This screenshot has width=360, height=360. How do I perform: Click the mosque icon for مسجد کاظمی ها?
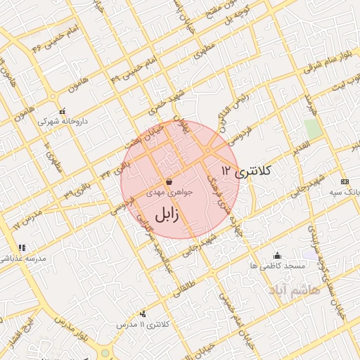(277, 255)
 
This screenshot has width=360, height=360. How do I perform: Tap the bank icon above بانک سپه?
(344, 181)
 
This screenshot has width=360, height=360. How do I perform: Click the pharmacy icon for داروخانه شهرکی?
(63, 111)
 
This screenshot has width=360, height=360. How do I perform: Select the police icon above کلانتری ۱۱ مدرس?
(143, 314)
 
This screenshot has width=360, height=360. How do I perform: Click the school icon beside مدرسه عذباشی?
(22, 247)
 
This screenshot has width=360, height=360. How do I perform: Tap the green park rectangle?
(313, 129)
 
